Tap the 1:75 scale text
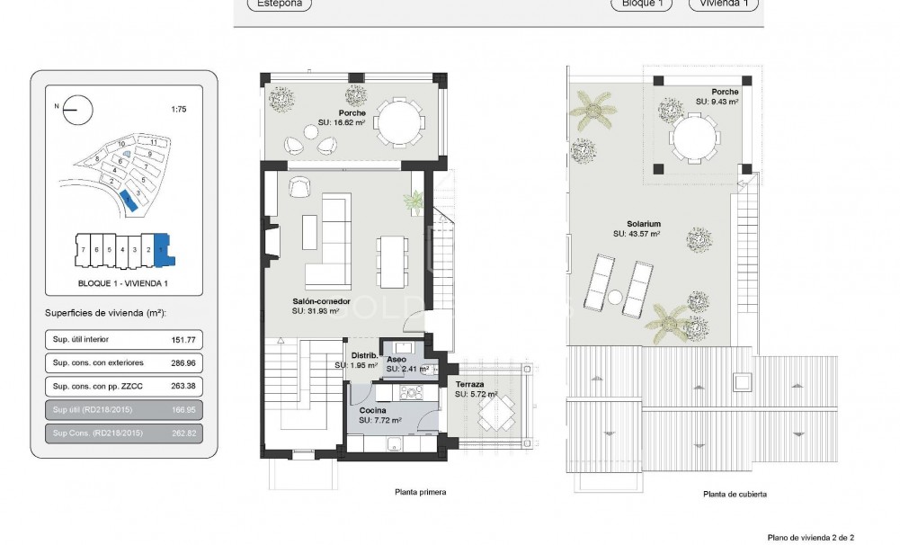click(x=179, y=110)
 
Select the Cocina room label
click(x=373, y=410)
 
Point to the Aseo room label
click(x=397, y=359)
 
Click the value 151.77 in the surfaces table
click(x=183, y=340)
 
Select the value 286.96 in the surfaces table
click(x=183, y=363)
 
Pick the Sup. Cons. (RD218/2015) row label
click(x=98, y=433)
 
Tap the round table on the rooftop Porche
click(x=693, y=139)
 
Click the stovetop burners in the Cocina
click(x=412, y=392)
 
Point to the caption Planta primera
click(x=420, y=492)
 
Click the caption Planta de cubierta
click(x=735, y=494)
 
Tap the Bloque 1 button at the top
click(x=641, y=4)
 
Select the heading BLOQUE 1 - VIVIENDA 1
click(x=123, y=283)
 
